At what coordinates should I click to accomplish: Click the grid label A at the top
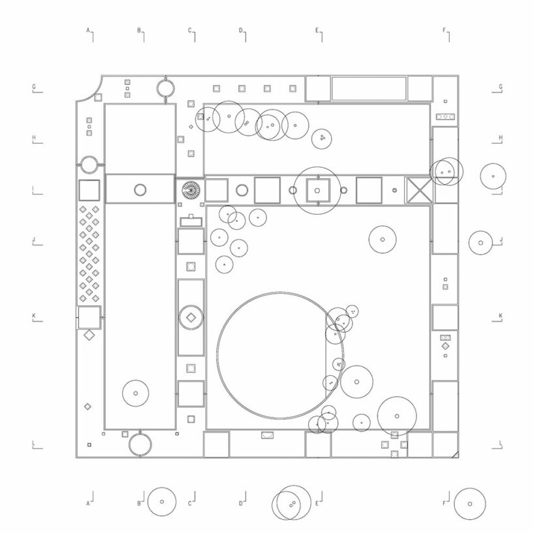(x=88, y=30)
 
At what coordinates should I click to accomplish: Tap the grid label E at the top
(x=317, y=30)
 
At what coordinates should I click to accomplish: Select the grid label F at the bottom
(x=444, y=503)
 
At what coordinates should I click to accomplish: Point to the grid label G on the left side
(x=34, y=87)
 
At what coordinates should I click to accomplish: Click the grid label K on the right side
(x=500, y=316)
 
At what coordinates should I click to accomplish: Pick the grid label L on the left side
(x=34, y=443)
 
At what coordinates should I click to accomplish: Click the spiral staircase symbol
(x=191, y=190)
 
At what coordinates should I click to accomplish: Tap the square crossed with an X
(x=419, y=190)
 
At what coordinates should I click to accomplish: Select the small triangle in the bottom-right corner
(x=455, y=454)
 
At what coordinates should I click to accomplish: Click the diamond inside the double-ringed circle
(x=191, y=317)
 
